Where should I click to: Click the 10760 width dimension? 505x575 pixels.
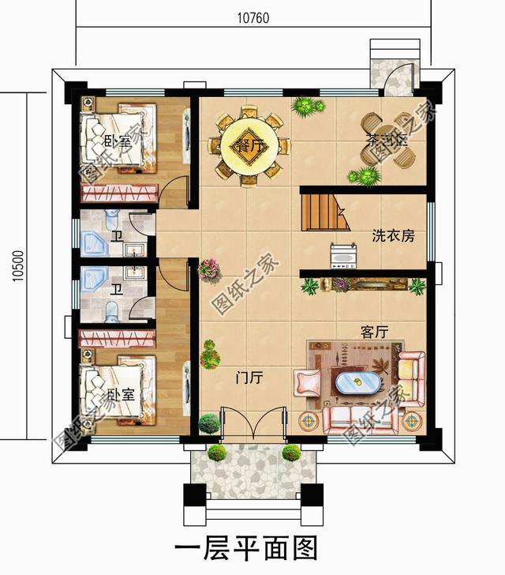[x=252, y=18]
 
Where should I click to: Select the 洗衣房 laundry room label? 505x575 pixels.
[x=393, y=235]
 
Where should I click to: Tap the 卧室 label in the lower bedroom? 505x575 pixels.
[x=114, y=393]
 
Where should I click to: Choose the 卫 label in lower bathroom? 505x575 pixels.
[x=116, y=288]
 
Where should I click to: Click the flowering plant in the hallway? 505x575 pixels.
[x=208, y=269]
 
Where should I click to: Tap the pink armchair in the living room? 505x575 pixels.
[x=304, y=384]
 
